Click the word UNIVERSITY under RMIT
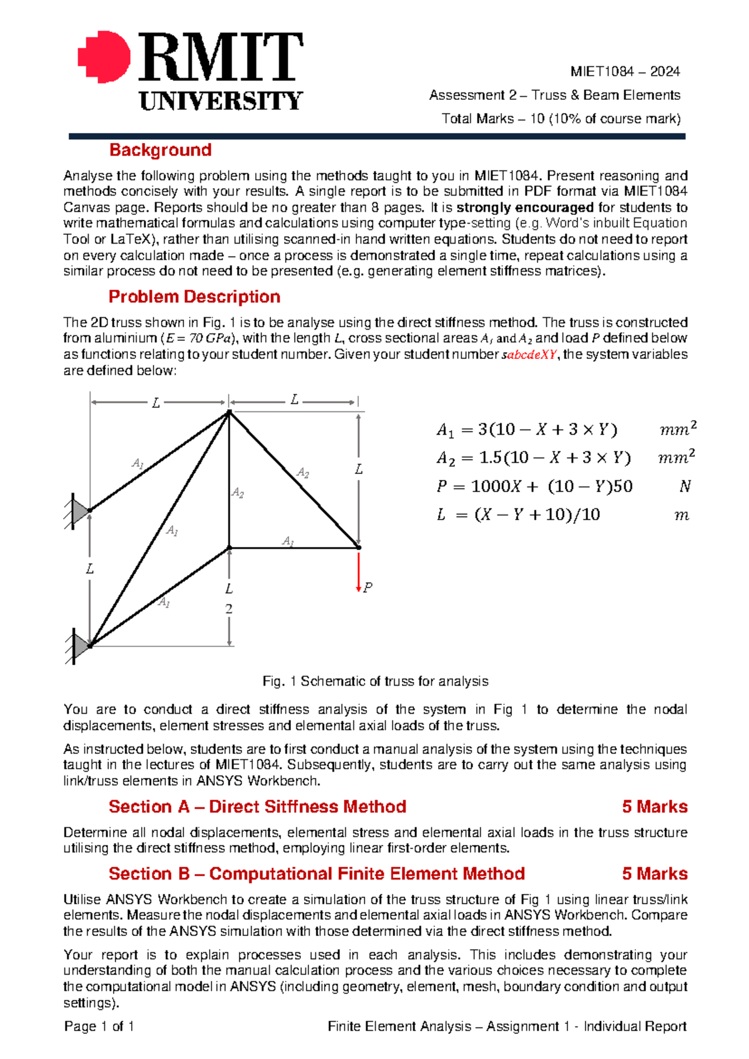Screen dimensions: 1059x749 click(221, 101)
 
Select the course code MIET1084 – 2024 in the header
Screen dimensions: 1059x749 click(625, 71)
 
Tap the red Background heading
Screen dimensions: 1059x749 click(160, 150)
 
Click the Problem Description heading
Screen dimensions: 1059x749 click(194, 297)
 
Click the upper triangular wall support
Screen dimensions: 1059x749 click(80, 511)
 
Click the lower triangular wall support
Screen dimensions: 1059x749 click(80, 646)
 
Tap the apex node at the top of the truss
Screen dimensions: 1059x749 click(229, 412)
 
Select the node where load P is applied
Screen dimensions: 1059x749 click(359, 548)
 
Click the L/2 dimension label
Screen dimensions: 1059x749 click(229, 598)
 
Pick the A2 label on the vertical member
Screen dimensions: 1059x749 click(238, 493)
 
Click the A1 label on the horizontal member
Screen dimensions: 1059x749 click(288, 541)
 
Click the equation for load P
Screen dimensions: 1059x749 click(534, 486)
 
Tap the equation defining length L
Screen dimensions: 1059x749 click(518, 515)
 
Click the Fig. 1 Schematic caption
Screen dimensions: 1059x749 click(375, 681)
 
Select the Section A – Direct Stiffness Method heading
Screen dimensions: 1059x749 click(257, 807)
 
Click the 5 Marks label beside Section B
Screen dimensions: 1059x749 click(654, 874)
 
